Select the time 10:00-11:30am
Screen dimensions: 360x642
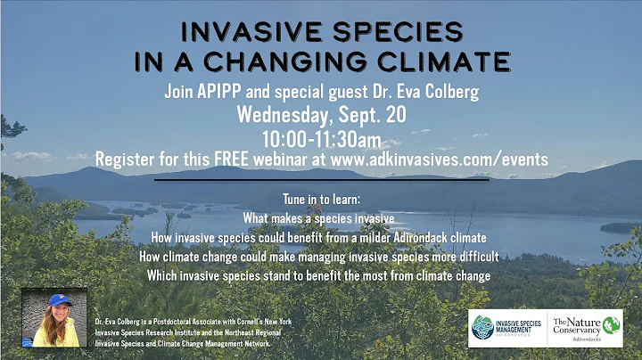[322, 138]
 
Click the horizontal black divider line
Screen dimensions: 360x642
[322, 180]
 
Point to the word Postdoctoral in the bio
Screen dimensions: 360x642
[175, 321]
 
